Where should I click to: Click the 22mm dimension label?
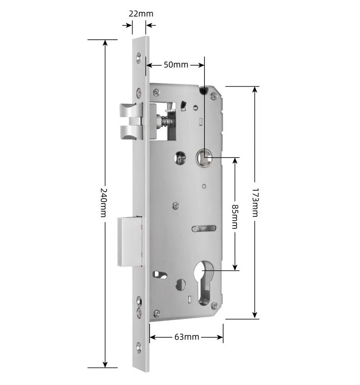141,14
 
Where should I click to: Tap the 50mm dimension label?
176,65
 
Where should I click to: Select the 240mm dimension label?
104,202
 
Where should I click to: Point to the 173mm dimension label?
255,202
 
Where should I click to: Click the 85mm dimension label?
235,216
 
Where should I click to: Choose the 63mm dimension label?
187,336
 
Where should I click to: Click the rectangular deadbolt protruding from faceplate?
130,241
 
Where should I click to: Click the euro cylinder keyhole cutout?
204,282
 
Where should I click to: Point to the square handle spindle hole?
204,157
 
